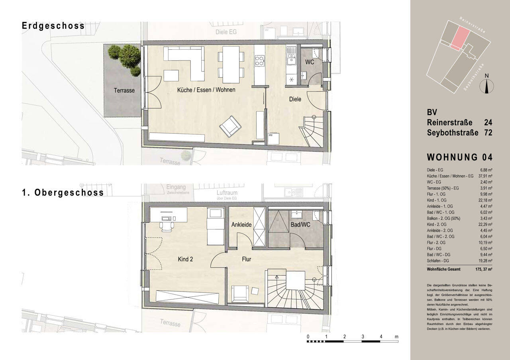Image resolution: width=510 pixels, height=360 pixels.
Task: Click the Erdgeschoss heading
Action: click(x=53, y=26)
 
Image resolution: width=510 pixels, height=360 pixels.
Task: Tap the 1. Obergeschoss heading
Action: click(x=63, y=193)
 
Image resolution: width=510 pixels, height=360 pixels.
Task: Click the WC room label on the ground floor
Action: click(x=310, y=62)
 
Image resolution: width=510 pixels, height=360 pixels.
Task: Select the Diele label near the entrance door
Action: click(x=295, y=99)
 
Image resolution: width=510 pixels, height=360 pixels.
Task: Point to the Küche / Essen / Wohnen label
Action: click(x=206, y=90)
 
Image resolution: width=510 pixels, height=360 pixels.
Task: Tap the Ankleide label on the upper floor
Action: click(x=241, y=225)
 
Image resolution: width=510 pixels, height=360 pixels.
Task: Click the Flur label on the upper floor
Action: click(x=246, y=259)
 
